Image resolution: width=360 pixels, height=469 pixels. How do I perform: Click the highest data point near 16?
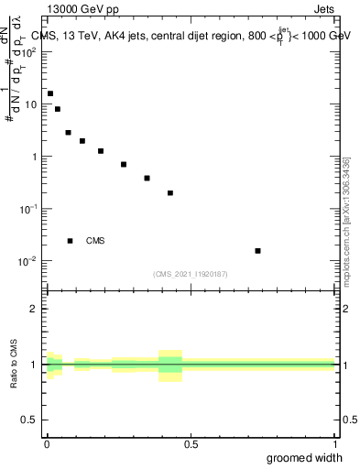pos(50,93)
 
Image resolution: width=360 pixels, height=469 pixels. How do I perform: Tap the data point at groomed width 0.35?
pos(147,179)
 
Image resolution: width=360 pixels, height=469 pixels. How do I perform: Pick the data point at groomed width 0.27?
pos(124,165)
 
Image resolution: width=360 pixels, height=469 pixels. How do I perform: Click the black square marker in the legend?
pos(71,241)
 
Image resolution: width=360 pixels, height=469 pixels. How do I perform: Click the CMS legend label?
pos(95,241)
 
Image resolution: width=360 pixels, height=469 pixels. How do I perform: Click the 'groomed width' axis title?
pos(304,457)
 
